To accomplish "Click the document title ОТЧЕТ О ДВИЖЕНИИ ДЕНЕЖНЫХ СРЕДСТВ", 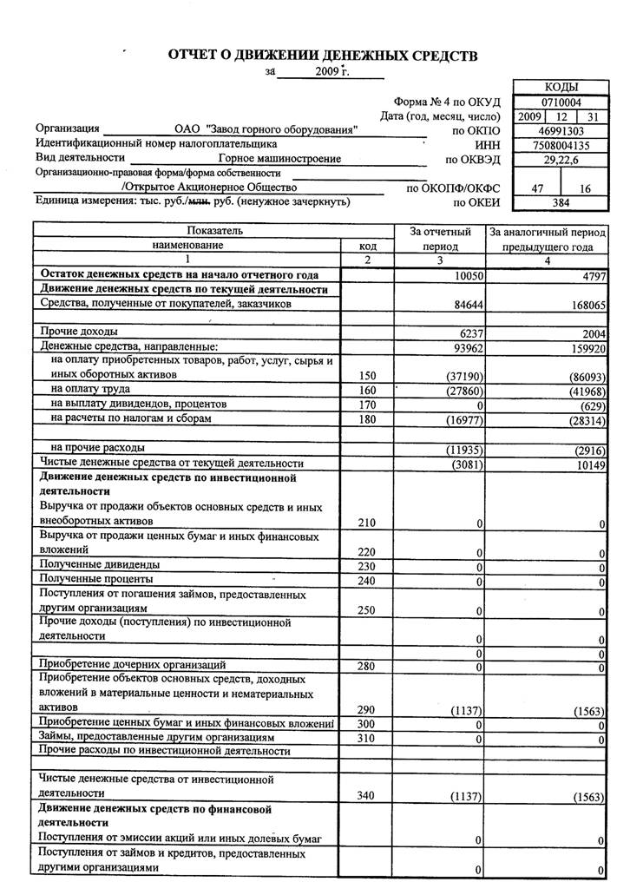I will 323,56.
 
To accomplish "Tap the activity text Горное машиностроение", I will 279,159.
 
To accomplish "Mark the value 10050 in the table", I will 465,275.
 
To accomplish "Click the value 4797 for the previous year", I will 590,275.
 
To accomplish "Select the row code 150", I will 368,376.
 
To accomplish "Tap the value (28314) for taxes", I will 584,419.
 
